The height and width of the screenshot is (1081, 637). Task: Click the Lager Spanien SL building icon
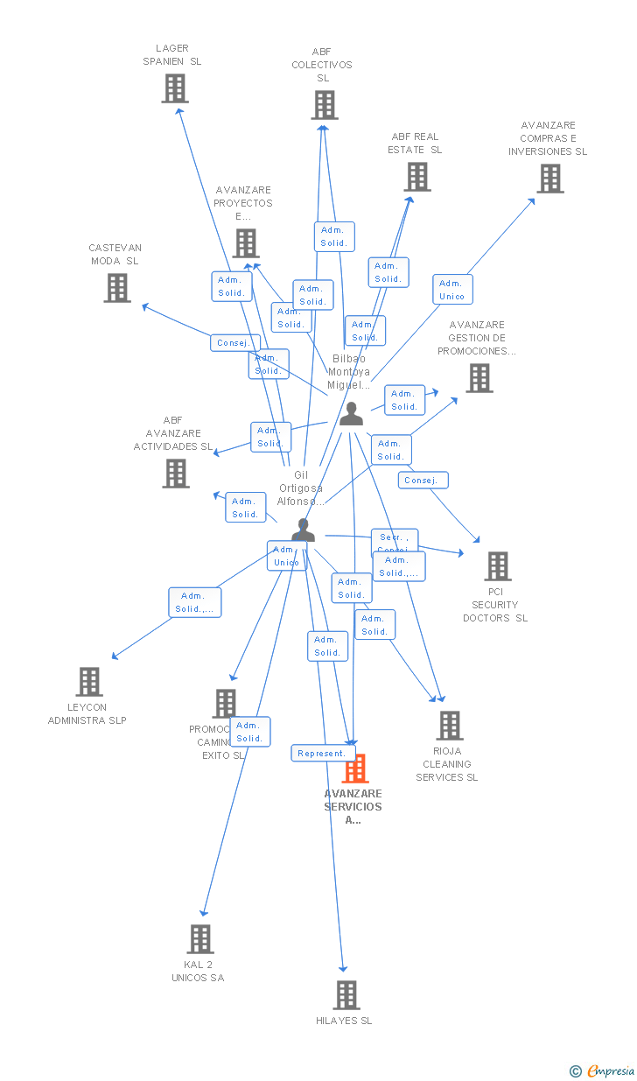pos(175,88)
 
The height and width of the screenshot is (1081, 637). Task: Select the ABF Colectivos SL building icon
pos(324,105)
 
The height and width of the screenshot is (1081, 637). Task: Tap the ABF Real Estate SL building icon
pos(417,177)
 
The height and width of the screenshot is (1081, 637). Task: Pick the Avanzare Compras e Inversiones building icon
pos(549,179)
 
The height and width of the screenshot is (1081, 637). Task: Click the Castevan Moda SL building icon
pos(117,288)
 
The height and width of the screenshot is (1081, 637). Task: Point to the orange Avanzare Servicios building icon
pos(355,769)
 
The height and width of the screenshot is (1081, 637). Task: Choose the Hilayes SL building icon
pos(346,995)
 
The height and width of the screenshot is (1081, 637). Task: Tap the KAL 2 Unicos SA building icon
pos(200,939)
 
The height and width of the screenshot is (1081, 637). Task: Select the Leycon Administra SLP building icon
pos(89,682)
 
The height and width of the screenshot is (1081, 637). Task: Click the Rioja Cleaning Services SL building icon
pos(450,726)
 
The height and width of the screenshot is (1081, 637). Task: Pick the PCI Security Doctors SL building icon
pos(498,566)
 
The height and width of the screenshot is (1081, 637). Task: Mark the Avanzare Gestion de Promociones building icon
pos(479,378)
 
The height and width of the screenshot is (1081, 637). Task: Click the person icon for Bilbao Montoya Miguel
pos(351,414)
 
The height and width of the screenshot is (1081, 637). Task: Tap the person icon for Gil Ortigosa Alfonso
pos(303,530)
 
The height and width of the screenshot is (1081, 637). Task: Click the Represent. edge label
pos(324,753)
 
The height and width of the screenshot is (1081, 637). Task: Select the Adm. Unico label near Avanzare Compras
pos(452,290)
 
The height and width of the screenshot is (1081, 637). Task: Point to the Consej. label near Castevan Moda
pos(234,343)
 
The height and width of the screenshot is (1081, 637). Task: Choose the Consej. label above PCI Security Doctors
pos(423,481)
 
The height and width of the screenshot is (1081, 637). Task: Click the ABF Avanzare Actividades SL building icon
pos(176,474)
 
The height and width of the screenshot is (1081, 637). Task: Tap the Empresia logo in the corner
pos(604,1070)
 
